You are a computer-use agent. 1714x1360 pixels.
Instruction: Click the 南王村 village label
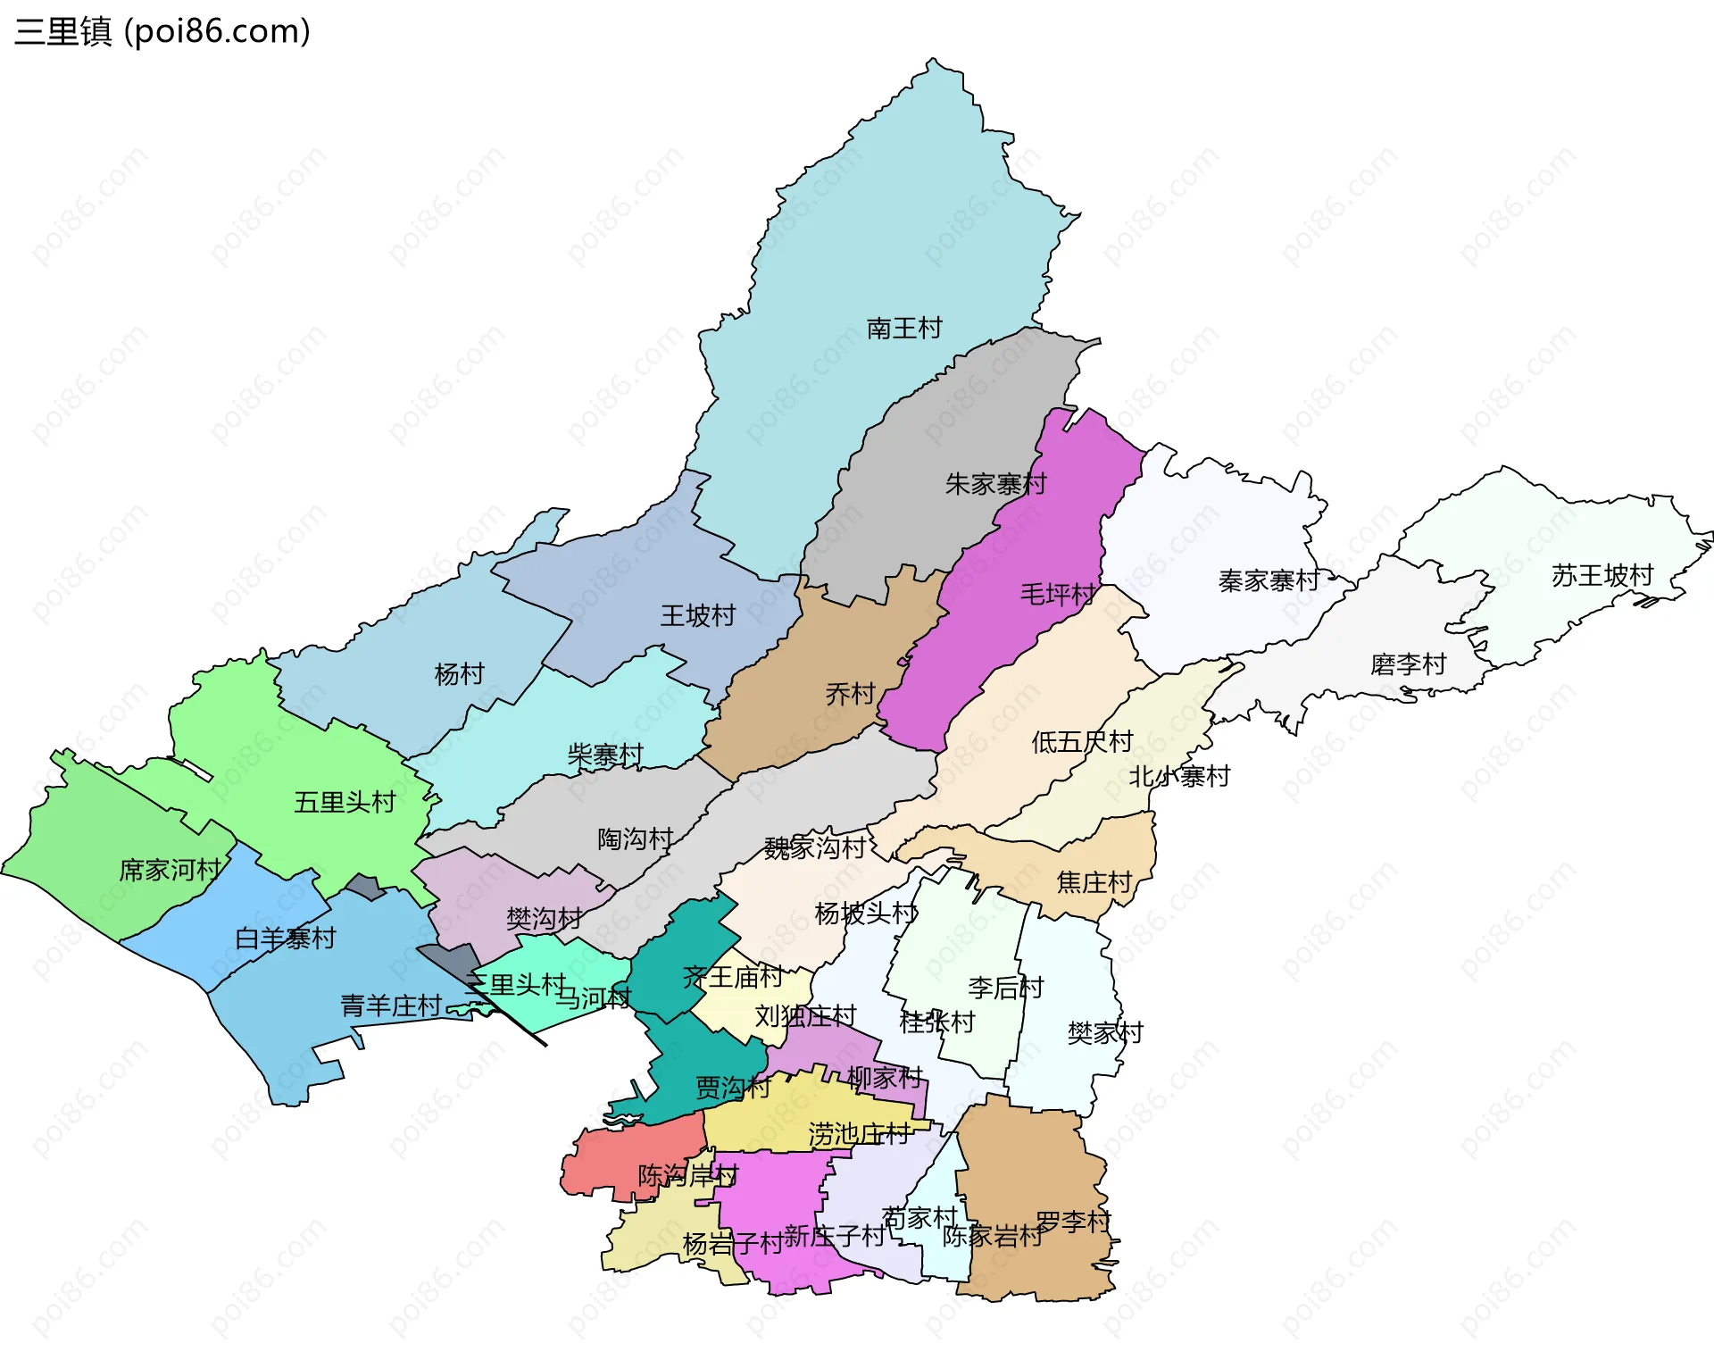pos(903,328)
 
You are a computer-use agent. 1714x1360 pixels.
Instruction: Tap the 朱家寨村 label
pos(995,484)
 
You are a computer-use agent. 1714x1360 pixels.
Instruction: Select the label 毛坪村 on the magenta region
pos(1058,594)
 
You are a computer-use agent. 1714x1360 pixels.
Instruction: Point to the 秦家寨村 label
pos(1269,580)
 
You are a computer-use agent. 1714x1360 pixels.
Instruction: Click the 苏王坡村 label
pos(1602,575)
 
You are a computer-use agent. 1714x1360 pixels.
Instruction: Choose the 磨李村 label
pos(1408,664)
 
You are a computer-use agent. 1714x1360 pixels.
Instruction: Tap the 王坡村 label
pos(697,615)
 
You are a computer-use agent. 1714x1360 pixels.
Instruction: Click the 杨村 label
pos(459,673)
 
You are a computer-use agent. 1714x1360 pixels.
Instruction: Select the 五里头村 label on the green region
pos(345,802)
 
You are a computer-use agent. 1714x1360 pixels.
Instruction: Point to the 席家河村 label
pos(170,870)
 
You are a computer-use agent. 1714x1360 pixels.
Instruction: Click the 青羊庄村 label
pos(391,1005)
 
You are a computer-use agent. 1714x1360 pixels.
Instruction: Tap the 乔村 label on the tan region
pos(850,694)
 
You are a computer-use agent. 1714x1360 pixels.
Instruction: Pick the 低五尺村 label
pos(1082,741)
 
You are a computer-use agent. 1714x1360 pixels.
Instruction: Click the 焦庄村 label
pos(1094,882)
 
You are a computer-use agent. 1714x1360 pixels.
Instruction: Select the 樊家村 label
pos(1105,1032)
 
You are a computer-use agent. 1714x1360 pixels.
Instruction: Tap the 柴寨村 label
pos(605,755)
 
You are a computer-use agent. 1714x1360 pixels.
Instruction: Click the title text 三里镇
pos(62,31)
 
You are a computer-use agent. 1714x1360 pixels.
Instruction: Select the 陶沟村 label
pos(635,839)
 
